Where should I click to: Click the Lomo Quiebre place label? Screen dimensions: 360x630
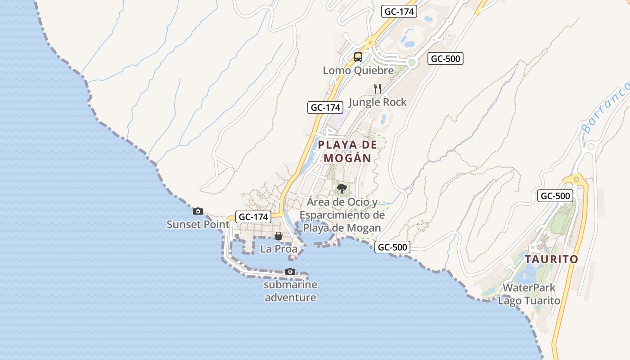(358, 70)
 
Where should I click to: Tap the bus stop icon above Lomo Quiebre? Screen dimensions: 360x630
(358, 57)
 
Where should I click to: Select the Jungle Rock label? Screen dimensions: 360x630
(378, 102)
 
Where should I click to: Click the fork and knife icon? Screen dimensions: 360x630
(378, 89)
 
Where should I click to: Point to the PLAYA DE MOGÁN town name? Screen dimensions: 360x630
(347, 151)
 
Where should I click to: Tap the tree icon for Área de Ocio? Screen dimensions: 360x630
(342, 188)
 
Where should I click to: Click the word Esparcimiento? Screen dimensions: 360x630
(342, 215)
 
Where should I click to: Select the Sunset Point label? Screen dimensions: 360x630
(198, 224)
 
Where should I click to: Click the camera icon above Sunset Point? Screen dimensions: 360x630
(198, 211)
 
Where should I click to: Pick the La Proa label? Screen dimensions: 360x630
(279, 249)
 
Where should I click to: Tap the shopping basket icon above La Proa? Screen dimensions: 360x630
(279, 236)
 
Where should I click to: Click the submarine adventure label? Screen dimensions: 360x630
(290, 291)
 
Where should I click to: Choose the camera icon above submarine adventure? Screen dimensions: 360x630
(290, 271)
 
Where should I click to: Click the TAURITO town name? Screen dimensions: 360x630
(551, 259)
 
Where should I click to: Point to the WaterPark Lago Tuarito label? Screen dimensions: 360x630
(529, 294)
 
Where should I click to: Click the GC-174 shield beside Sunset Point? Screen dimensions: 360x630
(253, 216)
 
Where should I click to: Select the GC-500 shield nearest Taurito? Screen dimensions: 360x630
(555, 196)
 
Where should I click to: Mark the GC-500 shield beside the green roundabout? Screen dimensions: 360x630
(445, 58)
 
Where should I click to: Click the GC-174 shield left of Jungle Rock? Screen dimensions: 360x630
(325, 108)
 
